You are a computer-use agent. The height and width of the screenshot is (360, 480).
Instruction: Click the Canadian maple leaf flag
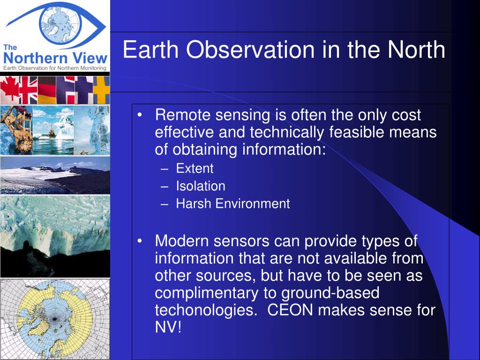tap(9, 90)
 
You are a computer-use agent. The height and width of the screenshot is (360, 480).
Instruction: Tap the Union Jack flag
tap(28, 90)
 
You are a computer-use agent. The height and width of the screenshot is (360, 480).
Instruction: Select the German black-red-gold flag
tap(47, 90)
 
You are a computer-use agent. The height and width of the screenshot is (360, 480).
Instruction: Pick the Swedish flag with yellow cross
tap(101, 90)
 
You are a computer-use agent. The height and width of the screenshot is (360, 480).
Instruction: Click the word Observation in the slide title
tap(250, 49)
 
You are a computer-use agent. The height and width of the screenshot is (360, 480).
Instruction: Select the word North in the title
tap(416, 49)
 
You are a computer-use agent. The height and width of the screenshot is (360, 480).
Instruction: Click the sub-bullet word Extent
tap(195, 168)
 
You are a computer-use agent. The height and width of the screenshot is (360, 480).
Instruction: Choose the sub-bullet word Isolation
tap(201, 186)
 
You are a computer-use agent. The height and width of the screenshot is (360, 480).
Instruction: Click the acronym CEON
tap(290, 310)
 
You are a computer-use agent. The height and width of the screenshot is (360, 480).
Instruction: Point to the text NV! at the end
tap(168, 327)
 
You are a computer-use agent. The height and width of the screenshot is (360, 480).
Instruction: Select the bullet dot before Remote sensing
tap(140, 115)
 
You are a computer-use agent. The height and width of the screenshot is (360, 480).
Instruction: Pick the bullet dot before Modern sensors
tap(140, 241)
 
